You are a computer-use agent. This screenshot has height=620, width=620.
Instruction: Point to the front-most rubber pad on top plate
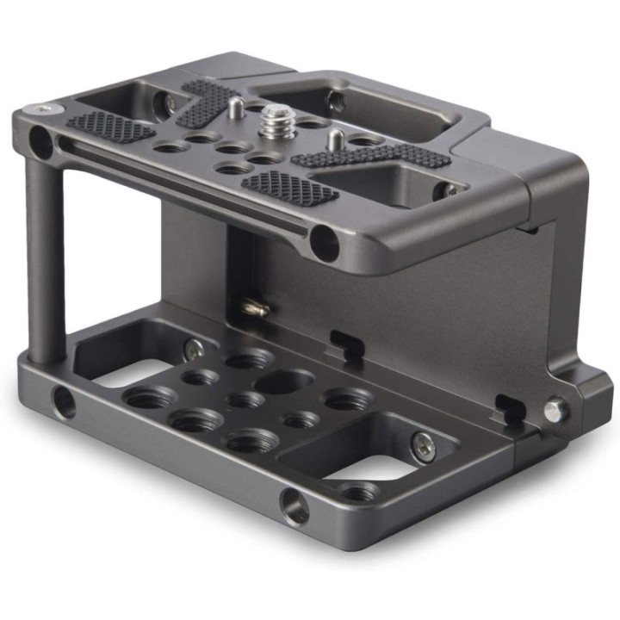[x=289, y=187]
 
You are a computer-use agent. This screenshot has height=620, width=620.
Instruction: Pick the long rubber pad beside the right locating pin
[x=372, y=156]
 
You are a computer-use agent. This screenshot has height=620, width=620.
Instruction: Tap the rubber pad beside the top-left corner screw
[x=110, y=127]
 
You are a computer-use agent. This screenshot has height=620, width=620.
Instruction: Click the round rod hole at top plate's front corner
[x=325, y=244]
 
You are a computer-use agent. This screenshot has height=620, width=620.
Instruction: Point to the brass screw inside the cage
[x=251, y=306]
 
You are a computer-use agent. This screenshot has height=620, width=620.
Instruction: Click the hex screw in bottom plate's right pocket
[x=422, y=444]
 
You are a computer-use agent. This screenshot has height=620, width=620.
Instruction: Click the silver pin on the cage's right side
[x=555, y=410]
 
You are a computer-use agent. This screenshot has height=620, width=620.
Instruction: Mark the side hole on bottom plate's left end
[x=63, y=401]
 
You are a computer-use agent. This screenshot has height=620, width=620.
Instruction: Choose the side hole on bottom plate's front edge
[x=295, y=509]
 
